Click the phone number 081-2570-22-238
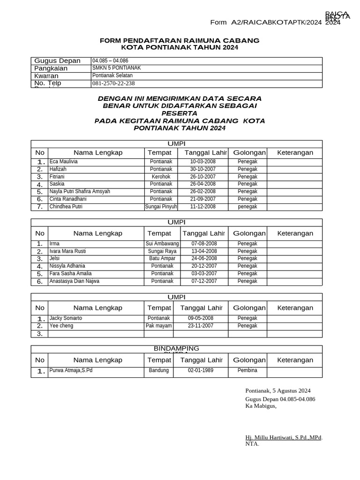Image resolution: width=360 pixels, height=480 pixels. pos(113,83)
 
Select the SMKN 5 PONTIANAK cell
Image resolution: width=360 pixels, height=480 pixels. pos(116,68)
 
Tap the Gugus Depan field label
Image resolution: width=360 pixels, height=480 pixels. pos(57,61)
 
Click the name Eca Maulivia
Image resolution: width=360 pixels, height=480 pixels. pos(64,162)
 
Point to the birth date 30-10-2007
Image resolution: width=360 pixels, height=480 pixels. pos(202,169)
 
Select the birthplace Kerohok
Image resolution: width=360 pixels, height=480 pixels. pos(161,177)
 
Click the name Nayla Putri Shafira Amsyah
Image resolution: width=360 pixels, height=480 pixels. pos(80,192)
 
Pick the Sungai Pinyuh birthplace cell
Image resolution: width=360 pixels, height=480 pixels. pos(161,207)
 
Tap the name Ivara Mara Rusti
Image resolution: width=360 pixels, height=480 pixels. pos(67,251)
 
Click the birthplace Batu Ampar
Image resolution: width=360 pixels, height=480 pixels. pos(162,259)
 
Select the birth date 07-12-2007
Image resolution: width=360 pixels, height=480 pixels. pos(204,281)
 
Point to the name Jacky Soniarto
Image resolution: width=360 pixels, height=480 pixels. pos(66,318)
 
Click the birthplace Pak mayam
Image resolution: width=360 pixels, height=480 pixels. pos(158,326)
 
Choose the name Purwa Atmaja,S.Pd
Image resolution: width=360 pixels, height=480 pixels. pos(71,370)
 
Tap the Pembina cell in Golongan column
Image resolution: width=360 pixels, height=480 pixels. pos(247,370)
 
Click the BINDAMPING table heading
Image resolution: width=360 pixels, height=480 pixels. pos(176,349)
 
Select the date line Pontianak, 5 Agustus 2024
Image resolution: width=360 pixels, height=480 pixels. pos(277,391)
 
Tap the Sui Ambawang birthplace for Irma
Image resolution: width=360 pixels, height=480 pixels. pos(162,244)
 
